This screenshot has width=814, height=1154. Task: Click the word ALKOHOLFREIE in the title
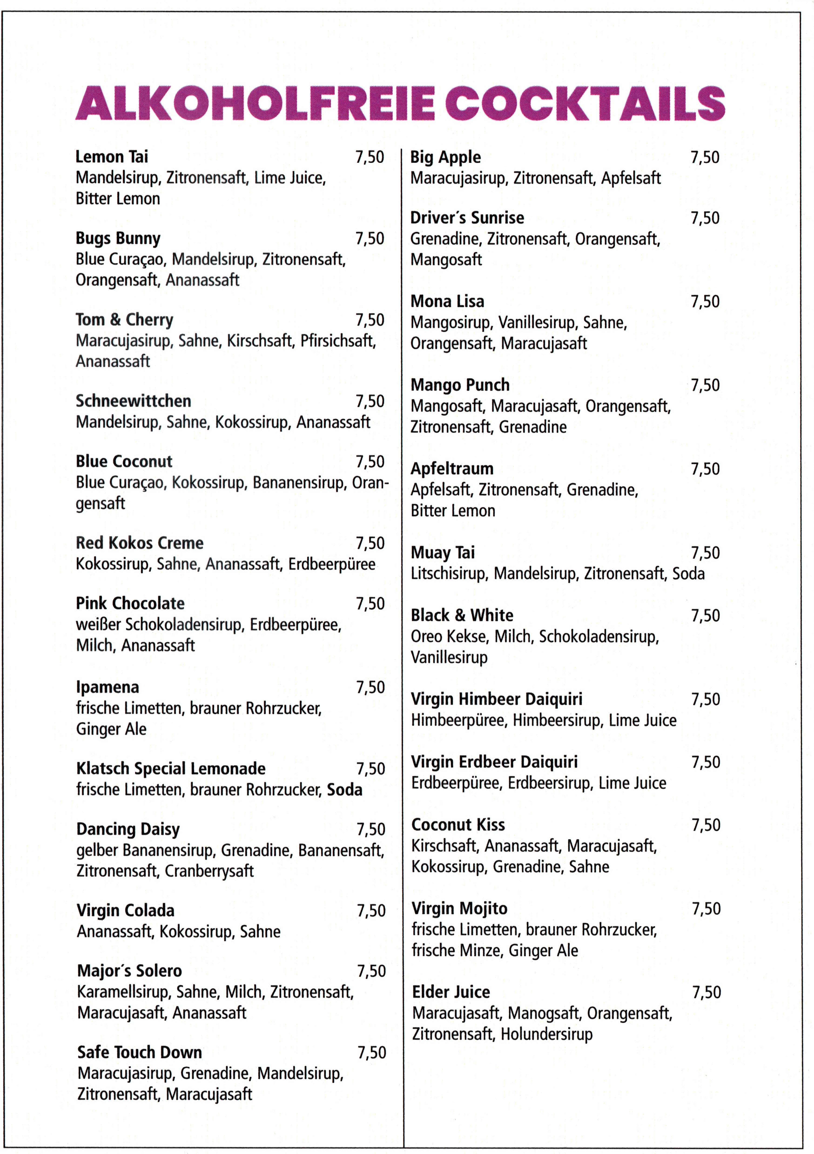click(255, 103)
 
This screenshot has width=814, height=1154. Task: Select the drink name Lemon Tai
click(112, 157)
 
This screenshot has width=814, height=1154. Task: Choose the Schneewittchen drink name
click(133, 401)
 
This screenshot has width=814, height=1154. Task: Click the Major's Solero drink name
click(129, 971)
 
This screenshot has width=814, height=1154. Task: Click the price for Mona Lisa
click(705, 302)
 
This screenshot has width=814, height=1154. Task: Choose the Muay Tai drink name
click(442, 553)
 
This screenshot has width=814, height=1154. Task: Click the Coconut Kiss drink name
click(458, 825)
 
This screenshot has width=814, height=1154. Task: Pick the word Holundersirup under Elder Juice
click(547, 1034)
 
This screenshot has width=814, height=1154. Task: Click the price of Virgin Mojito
click(706, 909)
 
